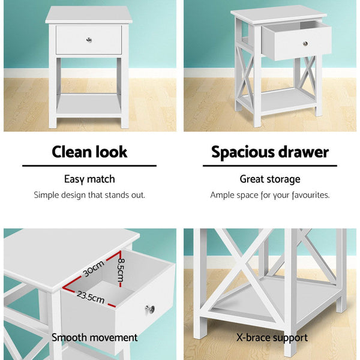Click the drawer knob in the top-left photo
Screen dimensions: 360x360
pyautogui.click(x=89, y=40)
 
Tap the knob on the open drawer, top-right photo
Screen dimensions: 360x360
pyautogui.click(x=305, y=43)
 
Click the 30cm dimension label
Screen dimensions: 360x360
pyautogui.click(x=94, y=268)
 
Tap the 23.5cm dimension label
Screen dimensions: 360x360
pyautogui.click(x=90, y=297)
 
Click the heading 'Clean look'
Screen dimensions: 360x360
pyautogui.click(x=89, y=152)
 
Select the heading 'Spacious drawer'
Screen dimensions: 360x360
pyautogui.click(x=270, y=152)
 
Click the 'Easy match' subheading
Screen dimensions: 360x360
pyautogui.click(x=89, y=179)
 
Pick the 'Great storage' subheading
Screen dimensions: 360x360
pyautogui.click(x=270, y=179)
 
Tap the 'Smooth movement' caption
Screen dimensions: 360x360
pyautogui.click(x=95, y=338)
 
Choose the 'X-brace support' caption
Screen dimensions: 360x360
pyautogui.click(x=272, y=338)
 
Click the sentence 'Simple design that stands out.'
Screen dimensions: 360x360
pyautogui.click(x=89, y=195)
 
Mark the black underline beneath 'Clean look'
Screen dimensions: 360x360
pyautogui.click(x=89, y=166)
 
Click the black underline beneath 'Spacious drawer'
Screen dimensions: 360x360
pyautogui.click(x=270, y=166)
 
